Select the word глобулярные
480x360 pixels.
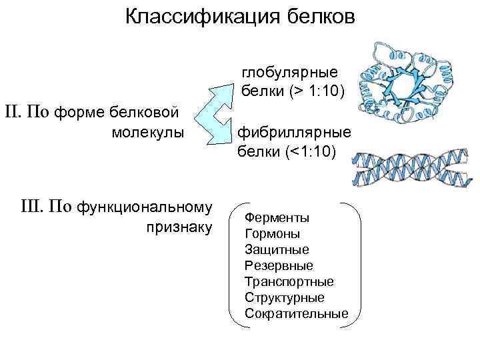click(x=289, y=71)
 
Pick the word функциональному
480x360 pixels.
click(x=145, y=207)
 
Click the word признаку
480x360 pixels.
click(x=179, y=227)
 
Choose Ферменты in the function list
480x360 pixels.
click(x=276, y=218)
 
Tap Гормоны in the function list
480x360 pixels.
click(x=273, y=234)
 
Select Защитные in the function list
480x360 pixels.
click(x=277, y=250)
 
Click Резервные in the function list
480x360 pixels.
click(x=279, y=266)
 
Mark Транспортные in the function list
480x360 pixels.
click(x=289, y=281)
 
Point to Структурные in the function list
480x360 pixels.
click(x=285, y=297)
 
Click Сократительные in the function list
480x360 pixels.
click(x=296, y=313)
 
